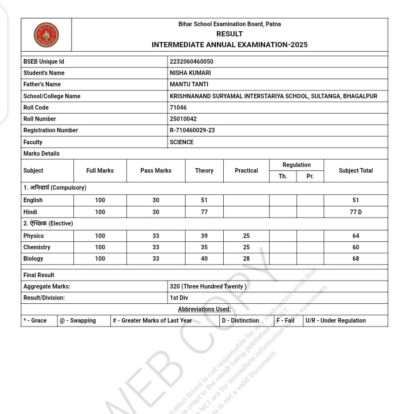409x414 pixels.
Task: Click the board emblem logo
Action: (46, 35)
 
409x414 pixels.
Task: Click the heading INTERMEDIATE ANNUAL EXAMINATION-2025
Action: (229, 44)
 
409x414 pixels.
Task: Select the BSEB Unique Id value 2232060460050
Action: (191, 61)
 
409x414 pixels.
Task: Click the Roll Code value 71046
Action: (178, 107)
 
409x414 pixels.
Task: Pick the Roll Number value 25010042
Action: (183, 119)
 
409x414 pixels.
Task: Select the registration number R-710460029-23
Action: (192, 131)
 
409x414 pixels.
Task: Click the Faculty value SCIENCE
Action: (182, 142)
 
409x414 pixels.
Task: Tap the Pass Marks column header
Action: (156, 170)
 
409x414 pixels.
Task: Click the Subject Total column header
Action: (356, 170)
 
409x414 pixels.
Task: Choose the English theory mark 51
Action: (204, 200)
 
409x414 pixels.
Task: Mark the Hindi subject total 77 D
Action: (356, 212)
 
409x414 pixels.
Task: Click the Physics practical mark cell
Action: (246, 236)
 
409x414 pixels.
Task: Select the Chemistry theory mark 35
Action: (204, 247)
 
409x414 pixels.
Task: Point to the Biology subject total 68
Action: (356, 259)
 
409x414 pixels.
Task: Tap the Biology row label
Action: (33, 259)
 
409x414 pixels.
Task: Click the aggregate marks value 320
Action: (208, 287)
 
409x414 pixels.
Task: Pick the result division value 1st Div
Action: (178, 298)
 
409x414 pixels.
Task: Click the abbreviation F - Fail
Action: (285, 320)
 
